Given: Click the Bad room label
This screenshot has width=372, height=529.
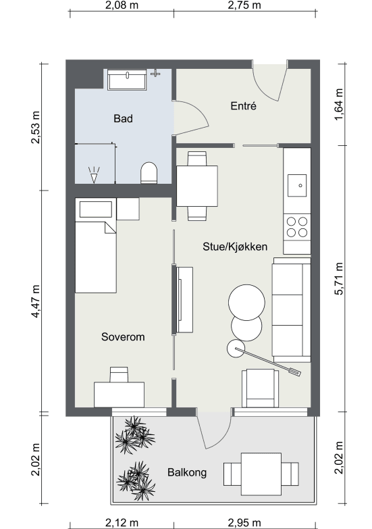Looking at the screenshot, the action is point(123,118).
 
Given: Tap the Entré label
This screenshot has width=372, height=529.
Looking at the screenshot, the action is point(243,106).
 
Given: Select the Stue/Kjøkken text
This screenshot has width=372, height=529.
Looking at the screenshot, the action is point(235,247).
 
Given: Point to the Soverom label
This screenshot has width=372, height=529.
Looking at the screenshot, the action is point(123,336).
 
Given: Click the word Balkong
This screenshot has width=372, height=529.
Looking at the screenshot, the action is point(187,472).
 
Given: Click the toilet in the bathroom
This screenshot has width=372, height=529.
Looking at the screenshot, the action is point(149,173).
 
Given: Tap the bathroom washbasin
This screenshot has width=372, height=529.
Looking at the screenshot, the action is point(127,80).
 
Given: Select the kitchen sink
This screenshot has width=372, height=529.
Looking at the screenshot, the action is point(297,185).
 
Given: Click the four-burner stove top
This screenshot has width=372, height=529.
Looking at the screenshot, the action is point(297,227).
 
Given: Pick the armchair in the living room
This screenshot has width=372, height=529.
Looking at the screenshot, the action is point(260,388).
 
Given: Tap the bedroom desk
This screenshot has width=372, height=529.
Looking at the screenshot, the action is point(119,395).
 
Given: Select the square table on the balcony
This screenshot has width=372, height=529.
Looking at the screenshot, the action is point(261,474).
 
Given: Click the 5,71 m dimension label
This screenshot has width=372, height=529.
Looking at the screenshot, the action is point(339,278).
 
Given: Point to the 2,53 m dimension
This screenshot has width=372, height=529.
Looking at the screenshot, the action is point(35,127).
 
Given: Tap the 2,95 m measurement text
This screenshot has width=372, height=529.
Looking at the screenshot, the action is point(244,523).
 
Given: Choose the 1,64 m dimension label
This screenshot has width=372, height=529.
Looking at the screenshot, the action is point(339,104).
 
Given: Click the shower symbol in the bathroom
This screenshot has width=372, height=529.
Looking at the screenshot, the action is point(94,175).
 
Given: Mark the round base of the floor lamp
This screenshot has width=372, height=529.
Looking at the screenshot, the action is point(236,349).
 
